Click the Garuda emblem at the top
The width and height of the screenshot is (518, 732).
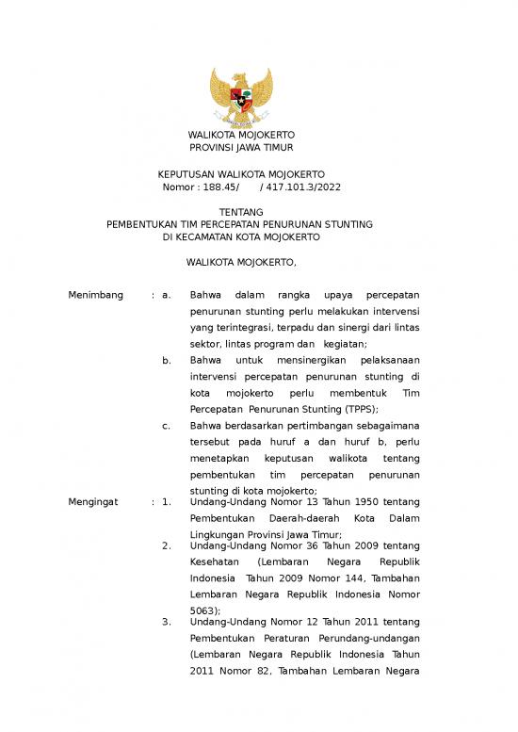tap(241, 98)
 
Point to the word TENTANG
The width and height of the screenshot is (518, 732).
tap(241, 212)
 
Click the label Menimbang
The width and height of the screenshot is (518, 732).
tap(96, 296)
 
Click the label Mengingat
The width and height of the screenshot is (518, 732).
tap(93, 502)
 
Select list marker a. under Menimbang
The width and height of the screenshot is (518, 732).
tap(167, 296)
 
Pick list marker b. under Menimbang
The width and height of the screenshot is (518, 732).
tap(167, 361)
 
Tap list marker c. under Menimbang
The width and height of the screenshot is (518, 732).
tap(167, 426)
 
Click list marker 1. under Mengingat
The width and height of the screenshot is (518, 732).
tap(167, 502)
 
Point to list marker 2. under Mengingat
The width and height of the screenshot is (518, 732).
tap(167, 545)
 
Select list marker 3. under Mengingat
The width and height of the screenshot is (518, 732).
tap(167, 622)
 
